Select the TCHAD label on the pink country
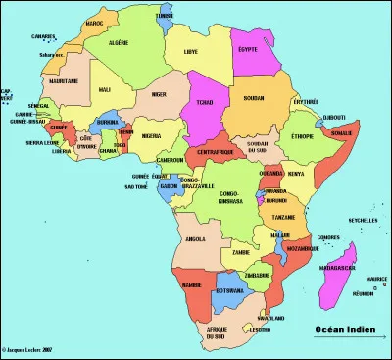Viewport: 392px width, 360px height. click(x=204, y=102)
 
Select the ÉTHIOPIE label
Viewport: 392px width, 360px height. click(x=304, y=136)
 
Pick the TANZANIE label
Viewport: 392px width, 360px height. click(x=284, y=216)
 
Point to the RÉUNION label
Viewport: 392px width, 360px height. click(x=364, y=292)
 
